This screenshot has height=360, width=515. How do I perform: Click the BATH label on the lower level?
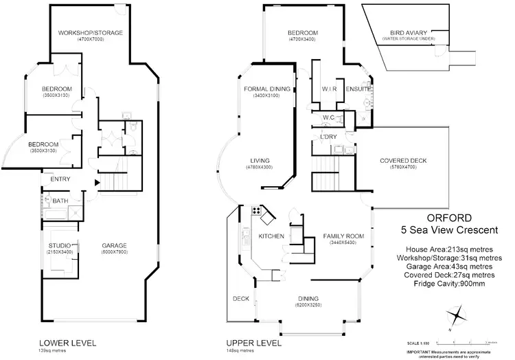60,201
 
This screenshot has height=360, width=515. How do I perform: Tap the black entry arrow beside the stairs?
97,182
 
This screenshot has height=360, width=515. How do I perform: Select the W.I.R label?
328,89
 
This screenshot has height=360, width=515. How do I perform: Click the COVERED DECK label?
403,161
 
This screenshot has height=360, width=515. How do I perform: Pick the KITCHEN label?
271,236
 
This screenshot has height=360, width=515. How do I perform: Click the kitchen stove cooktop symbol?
257,211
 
